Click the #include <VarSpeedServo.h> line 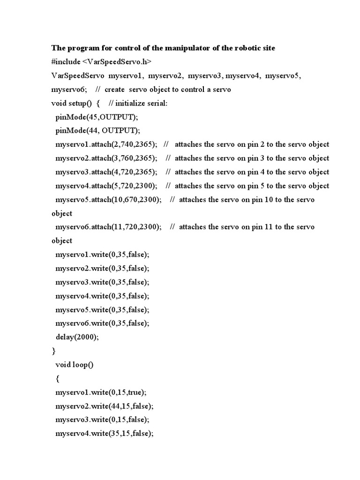click(101, 62)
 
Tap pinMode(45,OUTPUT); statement click(97, 117)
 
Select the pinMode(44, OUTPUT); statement click(97, 130)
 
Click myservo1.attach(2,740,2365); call click(106, 144)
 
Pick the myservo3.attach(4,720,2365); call click(106, 172)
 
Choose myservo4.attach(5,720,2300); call click(106, 186)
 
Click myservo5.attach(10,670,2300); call click(108, 199)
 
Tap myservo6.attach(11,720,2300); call click(108, 227)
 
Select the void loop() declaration click(75, 365)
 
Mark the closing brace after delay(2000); click(53, 351)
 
